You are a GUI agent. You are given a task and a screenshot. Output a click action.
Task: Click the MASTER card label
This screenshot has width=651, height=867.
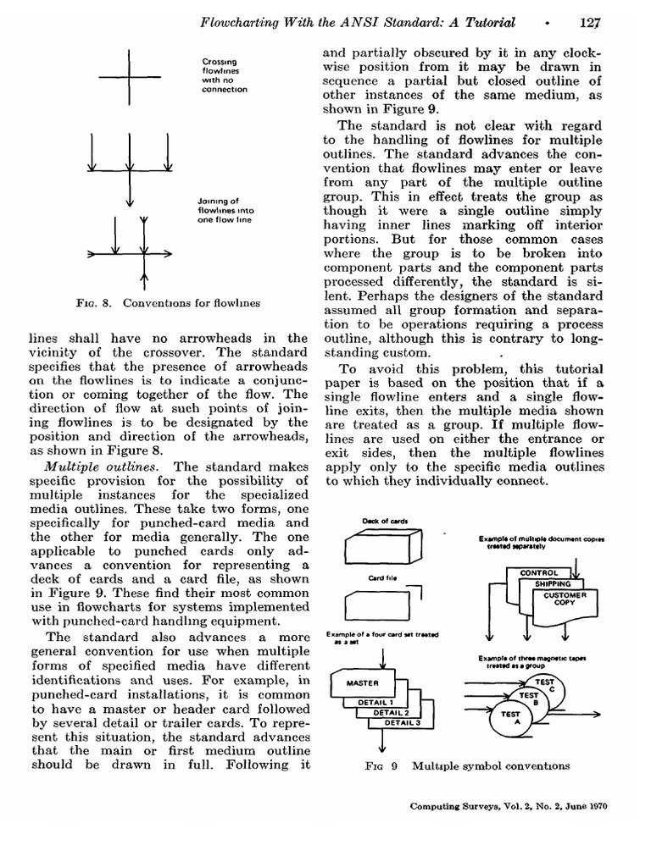click(x=364, y=682)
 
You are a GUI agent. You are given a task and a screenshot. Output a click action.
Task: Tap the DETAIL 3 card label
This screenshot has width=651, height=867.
click(x=402, y=722)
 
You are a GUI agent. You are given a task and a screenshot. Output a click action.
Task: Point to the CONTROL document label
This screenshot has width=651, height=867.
click(x=539, y=573)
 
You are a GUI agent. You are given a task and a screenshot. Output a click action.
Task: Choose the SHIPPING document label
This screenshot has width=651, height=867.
click(x=553, y=583)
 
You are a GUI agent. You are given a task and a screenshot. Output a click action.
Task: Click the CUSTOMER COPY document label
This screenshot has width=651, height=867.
click(x=565, y=599)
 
